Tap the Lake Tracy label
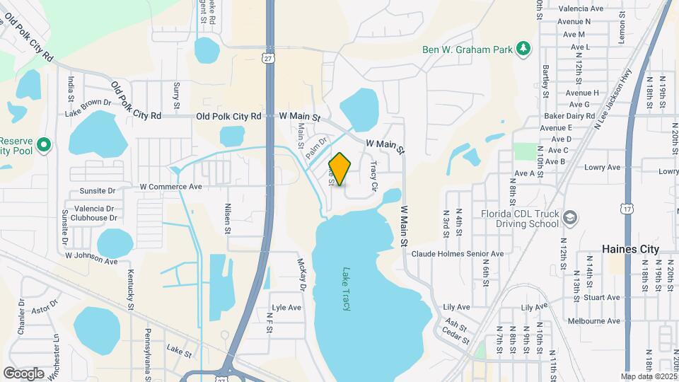tap(347, 289)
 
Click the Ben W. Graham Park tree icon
tap(523, 49)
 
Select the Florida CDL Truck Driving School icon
tap(570, 219)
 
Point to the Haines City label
tap(630, 249)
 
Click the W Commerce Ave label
tap(170, 187)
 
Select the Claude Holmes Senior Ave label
tap(458, 253)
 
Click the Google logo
tap(23, 373)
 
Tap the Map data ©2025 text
tap(648, 376)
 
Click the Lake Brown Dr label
tap(88, 108)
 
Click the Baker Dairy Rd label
tap(568, 116)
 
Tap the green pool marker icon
tap(44, 145)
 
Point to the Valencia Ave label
tap(581, 9)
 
